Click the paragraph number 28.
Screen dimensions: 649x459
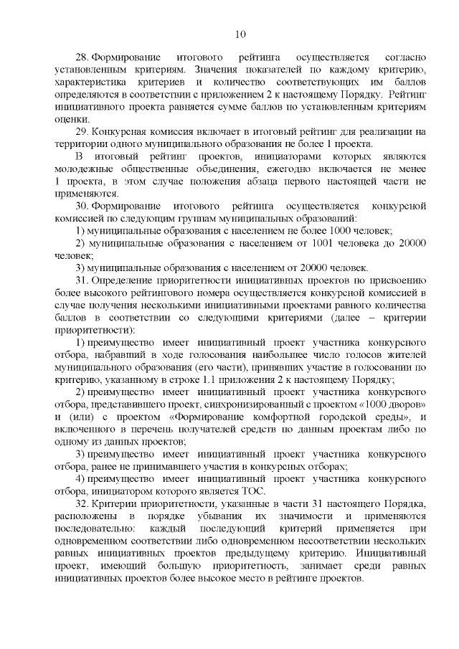pyautogui.click(x=82, y=57)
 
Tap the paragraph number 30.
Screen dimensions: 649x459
pyautogui.click(x=82, y=206)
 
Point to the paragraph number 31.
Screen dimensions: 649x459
pyautogui.click(x=82, y=280)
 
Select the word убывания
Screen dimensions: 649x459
pyautogui.click(x=225, y=516)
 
